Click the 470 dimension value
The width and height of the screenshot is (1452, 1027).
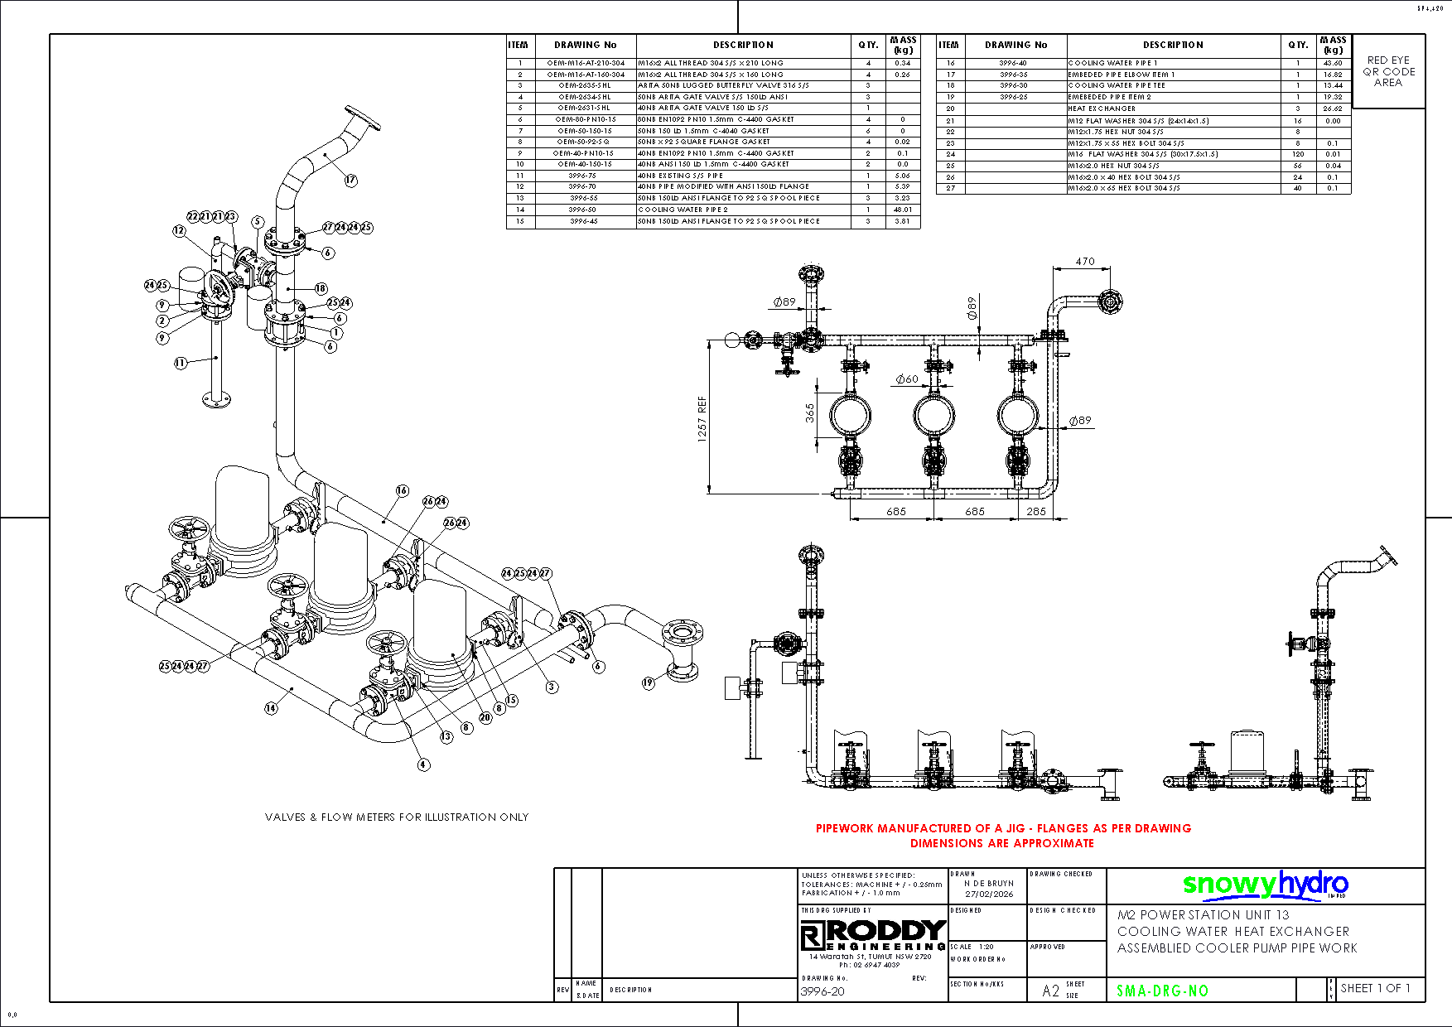coord(1085,261)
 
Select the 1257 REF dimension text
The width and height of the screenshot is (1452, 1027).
coord(702,419)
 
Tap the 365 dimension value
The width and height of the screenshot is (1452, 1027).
coord(809,412)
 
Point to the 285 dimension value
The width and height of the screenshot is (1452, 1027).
coord(1036,511)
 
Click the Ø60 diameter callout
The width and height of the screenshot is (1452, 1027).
coord(907,378)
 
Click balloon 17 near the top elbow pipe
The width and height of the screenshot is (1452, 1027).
coord(351,180)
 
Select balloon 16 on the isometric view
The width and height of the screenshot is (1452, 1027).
coord(402,490)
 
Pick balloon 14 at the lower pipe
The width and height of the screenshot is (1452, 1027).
coord(271,707)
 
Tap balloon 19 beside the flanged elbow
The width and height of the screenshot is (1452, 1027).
coord(648,682)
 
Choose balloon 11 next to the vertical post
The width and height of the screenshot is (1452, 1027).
coord(181,362)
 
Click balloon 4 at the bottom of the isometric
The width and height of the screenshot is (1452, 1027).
coord(423,764)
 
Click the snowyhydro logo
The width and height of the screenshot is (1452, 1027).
coord(1265,885)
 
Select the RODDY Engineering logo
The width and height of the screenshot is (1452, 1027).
coord(873,935)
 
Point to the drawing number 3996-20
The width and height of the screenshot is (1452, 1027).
coord(822,991)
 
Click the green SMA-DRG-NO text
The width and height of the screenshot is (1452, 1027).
coord(1162,991)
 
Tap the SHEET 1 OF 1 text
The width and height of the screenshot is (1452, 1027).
coord(1375,988)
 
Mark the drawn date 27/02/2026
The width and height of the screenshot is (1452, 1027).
coord(989,894)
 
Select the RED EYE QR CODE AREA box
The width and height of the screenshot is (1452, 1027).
coord(1388,71)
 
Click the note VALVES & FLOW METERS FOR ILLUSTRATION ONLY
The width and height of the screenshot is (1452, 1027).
coord(397,817)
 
